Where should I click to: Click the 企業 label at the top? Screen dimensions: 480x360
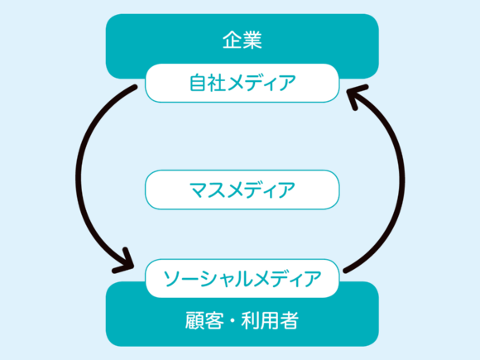[242, 40]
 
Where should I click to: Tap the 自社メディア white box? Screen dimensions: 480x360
[242, 83]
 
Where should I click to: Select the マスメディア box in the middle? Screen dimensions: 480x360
[242, 190]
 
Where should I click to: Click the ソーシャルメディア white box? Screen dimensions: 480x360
[242, 278]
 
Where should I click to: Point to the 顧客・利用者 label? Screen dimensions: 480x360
[242, 320]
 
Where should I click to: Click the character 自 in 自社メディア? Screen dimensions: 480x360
[198, 83]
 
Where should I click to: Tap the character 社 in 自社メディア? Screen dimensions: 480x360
[217, 83]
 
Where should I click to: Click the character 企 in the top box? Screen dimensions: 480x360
[232, 40]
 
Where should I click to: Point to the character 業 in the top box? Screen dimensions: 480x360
[252, 40]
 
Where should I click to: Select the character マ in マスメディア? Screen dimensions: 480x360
[199, 190]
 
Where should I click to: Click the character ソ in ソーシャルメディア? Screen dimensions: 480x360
[172, 279]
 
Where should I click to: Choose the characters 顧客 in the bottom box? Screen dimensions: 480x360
[204, 320]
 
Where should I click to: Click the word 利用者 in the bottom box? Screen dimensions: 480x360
[270, 320]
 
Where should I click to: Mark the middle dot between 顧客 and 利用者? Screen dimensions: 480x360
[233, 320]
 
